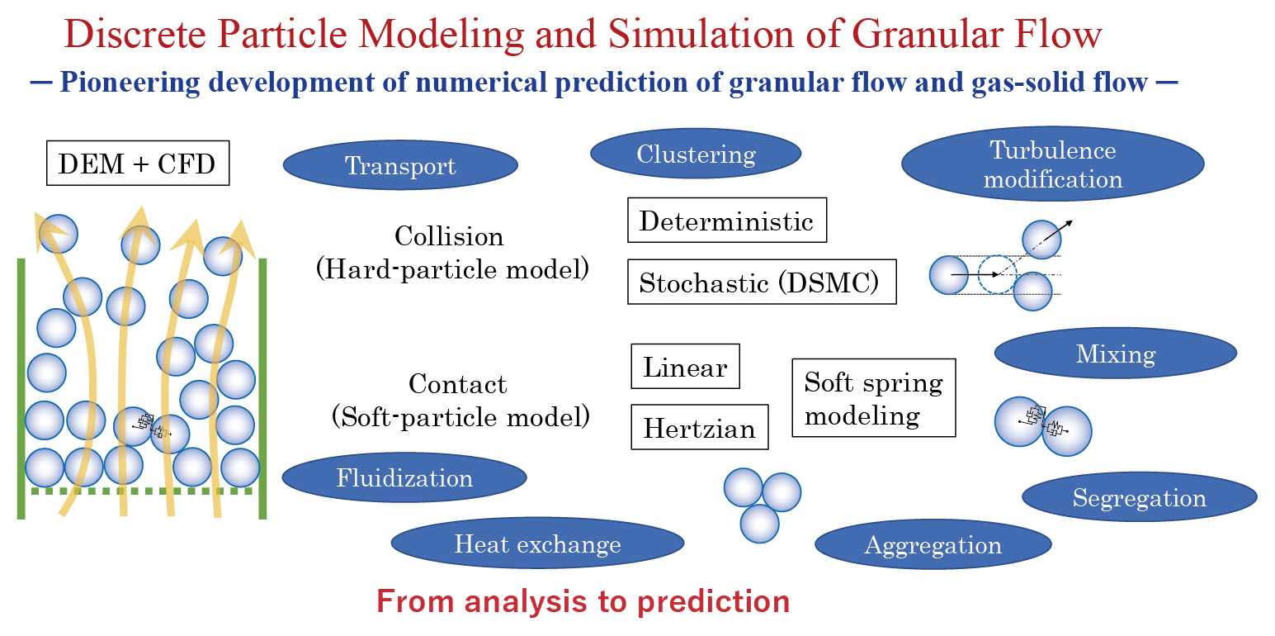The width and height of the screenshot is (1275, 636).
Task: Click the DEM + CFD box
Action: [137, 164]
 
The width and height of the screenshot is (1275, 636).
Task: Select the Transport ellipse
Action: [400, 165]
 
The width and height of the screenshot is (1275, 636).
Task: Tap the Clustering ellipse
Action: [696, 154]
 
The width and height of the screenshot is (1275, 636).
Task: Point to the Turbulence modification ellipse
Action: [1052, 164]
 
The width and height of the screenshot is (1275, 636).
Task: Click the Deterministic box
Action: [726, 221]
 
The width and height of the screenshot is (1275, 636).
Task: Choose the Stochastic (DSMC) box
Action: [761, 282]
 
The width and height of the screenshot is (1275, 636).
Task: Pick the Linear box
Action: [685, 367]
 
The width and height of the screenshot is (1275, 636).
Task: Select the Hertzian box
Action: [699, 427]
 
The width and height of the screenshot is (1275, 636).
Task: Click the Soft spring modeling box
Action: [873, 397]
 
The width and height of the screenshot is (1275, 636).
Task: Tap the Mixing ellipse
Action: [1115, 354]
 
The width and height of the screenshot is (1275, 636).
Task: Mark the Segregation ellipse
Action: [1139, 497]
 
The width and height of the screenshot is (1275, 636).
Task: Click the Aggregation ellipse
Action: [933, 544]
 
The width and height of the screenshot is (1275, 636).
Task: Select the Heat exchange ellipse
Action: [537, 543]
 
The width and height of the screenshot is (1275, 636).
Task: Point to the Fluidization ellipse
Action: [404, 477]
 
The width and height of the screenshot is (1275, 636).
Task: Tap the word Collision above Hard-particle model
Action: [449, 236]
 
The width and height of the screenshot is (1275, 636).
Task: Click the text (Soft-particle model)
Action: [460, 416]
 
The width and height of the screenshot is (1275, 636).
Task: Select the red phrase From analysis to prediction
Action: [583, 600]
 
